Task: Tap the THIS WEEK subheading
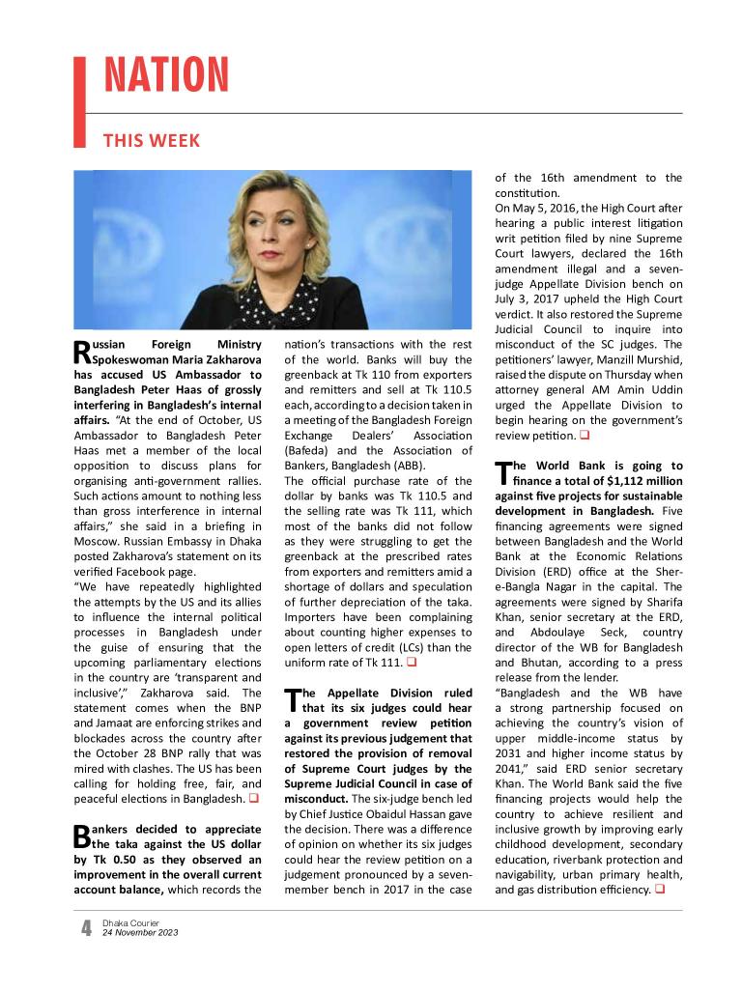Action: (152, 141)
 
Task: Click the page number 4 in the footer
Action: (86, 929)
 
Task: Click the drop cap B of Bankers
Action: (81, 836)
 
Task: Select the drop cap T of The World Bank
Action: (501, 472)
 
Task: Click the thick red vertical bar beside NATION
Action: (80, 101)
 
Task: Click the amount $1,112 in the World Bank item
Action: (630, 481)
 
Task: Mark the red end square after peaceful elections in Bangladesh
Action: (254, 799)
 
